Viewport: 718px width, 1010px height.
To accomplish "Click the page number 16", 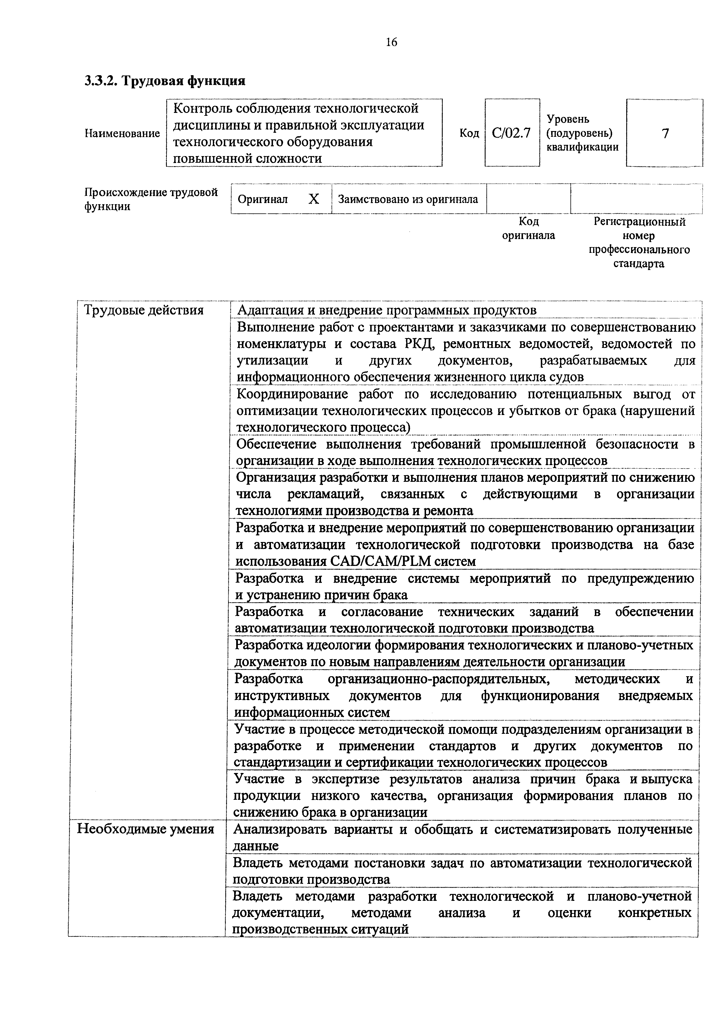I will [x=391, y=42].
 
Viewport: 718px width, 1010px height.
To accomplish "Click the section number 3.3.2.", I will [x=101, y=81].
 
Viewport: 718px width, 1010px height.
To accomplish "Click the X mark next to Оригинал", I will [x=314, y=199].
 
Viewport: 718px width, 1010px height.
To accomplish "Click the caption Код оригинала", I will [x=528, y=228].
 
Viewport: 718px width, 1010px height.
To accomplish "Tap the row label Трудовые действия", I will [x=144, y=310].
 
